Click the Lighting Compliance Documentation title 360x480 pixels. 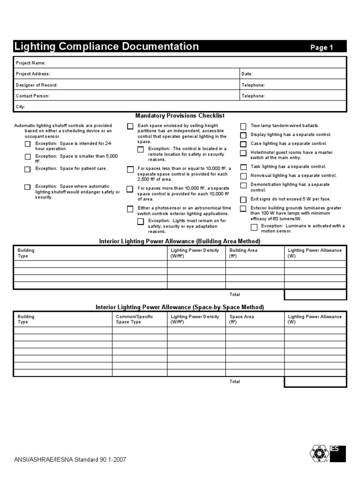pos(107,46)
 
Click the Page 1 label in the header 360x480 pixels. pos(322,47)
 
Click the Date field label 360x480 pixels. pos(247,74)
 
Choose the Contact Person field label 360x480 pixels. pos(33,96)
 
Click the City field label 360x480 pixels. pos(21,107)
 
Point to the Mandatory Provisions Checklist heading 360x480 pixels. pos(180,116)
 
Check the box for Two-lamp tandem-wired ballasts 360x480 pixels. pos(243,127)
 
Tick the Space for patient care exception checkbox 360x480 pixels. pos(28,169)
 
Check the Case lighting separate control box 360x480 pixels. pos(243,144)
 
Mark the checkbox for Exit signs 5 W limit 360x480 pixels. pos(243,200)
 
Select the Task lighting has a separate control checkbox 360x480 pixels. pos(243,167)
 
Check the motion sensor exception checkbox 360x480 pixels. pos(254,227)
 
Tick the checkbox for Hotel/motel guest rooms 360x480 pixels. pos(243,153)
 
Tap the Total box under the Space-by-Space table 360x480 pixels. pos(315,382)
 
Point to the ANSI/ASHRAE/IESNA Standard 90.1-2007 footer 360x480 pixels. pos(70,459)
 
